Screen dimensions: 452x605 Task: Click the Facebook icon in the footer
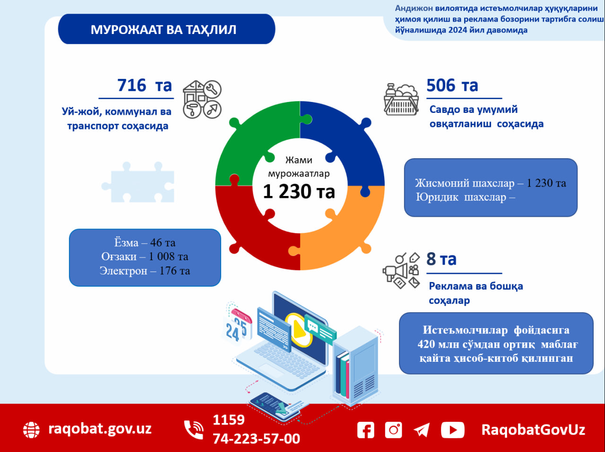tap(365, 430)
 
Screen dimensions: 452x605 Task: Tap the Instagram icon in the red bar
tap(393, 430)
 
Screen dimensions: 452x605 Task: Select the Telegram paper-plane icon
tap(422, 430)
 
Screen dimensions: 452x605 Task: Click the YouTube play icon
tap(452, 430)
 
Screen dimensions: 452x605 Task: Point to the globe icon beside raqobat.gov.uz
tap(32, 430)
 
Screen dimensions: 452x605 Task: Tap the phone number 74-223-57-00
tap(256, 439)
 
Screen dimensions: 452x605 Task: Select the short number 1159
tap(229, 420)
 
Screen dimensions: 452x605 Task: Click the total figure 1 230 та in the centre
tap(299, 192)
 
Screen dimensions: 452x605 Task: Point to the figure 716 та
tap(144, 85)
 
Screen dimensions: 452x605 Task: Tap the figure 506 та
tap(452, 85)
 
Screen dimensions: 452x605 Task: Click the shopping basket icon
tap(401, 100)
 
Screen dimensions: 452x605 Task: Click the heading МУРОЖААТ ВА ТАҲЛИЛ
tap(164, 29)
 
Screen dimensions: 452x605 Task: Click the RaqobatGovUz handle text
tap(533, 430)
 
